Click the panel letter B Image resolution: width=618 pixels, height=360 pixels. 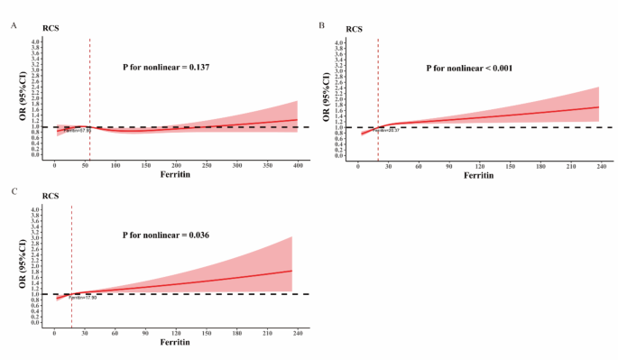[x=322, y=26]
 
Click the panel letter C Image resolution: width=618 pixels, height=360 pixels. [x=13, y=192]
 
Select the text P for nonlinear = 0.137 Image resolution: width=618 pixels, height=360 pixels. [x=167, y=68]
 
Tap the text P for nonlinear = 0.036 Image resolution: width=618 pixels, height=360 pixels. [x=167, y=235]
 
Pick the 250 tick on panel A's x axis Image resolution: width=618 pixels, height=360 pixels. [x=207, y=166]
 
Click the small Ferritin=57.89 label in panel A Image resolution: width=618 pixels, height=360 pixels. [x=78, y=131]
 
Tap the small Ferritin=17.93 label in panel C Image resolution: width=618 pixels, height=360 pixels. [x=82, y=298]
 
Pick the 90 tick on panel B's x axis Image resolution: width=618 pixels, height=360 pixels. [x=448, y=166]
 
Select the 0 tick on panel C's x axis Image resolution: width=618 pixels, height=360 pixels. [x=55, y=333]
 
